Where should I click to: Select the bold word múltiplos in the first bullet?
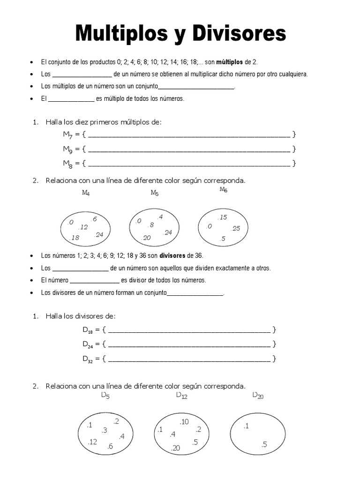coord(229,62)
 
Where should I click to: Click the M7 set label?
coord(68,135)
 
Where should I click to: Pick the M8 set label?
coord(68,164)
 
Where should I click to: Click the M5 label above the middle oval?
coord(154,193)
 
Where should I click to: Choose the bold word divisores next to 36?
coord(172,255)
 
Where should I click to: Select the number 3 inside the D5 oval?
coord(104,430)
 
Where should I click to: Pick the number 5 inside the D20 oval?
coord(264,444)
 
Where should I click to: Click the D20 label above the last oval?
coord(258,396)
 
